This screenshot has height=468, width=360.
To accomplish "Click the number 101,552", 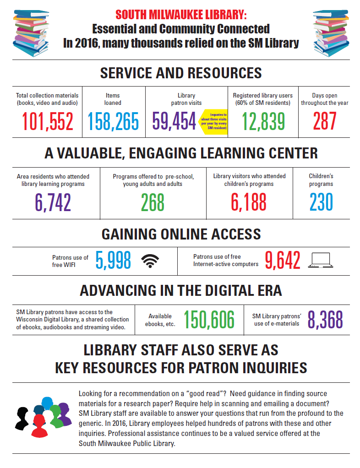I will [x=48, y=121].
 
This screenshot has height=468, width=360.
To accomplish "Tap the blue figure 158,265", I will [x=113, y=121].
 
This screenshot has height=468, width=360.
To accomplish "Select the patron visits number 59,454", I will [x=174, y=121].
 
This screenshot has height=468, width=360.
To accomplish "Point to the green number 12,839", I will [x=263, y=121].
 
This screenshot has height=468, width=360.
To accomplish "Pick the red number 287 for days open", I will [x=325, y=121].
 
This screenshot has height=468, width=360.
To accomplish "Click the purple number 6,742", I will [x=53, y=202].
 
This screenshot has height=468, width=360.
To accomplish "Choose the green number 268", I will [x=153, y=202].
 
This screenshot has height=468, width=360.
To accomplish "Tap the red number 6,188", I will [x=249, y=202].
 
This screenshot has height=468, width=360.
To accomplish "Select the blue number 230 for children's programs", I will [x=321, y=202].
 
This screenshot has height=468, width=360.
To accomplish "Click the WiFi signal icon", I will [x=150, y=261].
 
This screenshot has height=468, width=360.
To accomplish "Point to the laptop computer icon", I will [x=320, y=261].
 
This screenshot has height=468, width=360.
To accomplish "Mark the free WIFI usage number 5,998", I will [x=113, y=261].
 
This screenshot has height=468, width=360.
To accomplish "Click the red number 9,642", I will [x=283, y=261].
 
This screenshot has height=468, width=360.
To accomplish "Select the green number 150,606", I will [x=209, y=320].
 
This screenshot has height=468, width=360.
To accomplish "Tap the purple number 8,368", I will [x=325, y=320].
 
